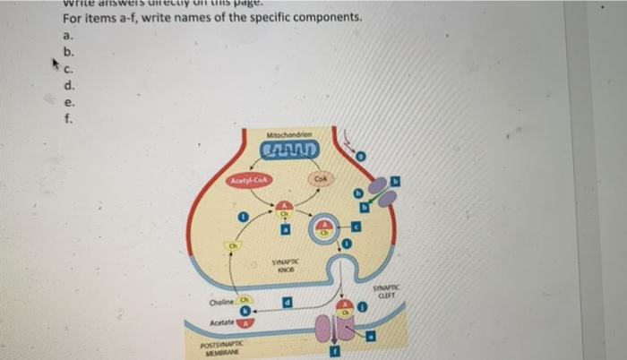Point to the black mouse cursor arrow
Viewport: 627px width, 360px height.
coord(52,65)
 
